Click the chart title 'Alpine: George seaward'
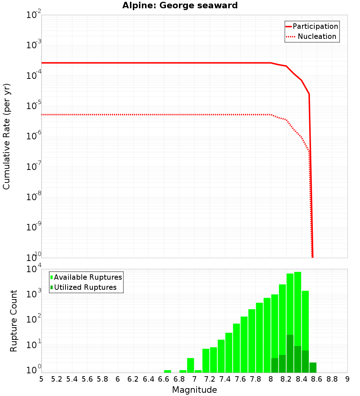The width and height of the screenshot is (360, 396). pos(180,6)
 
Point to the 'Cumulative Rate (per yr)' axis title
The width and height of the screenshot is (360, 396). pos(6,136)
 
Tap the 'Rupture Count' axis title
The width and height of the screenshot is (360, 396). pos(14,321)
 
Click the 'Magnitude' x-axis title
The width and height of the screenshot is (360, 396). pos(194,390)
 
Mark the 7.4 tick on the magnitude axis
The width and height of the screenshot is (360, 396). pos(225,379)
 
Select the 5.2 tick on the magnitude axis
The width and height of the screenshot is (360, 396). pos(57,379)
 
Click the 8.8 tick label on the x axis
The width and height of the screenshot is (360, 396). pos(332,379)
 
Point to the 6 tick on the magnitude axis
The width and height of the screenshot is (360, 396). pos(118,379)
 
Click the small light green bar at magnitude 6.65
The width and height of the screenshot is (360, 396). pos(167,371)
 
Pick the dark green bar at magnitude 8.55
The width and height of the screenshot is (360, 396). pos(313,368)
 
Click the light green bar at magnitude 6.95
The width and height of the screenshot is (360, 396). pos(190,365)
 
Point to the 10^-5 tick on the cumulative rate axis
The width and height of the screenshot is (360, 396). pos(34,106)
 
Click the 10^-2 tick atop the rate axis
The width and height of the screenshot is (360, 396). pos(34,15)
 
